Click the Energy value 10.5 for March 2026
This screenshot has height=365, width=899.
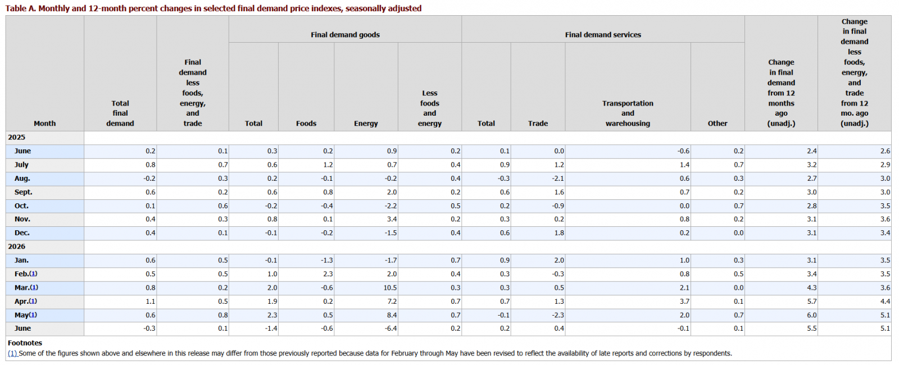pos(390,288)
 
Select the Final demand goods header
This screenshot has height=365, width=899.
pos(345,35)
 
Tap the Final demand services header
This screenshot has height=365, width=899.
pos(603,35)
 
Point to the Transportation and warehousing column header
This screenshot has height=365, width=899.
pos(628,113)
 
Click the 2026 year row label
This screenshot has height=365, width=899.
pos(16,247)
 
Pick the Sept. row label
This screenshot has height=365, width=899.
pos(23,192)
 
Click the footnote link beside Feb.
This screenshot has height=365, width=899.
pos(33,274)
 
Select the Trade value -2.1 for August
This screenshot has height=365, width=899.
pos(557,179)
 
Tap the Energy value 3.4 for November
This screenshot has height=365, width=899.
pos(392,220)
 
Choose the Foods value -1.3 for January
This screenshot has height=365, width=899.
pos(326,261)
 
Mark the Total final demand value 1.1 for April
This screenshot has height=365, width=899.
pos(150,301)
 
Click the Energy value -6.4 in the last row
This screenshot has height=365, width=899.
pos(391,328)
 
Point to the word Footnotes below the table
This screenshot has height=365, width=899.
pos(25,343)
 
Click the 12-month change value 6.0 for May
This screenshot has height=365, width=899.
pos(811,315)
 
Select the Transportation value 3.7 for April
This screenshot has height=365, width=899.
pos(684,301)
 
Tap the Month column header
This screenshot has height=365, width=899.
pos(44,124)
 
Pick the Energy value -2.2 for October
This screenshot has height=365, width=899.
pos(391,206)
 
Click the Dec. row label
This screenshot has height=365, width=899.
pos(22,233)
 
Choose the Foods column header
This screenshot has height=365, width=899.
pos(306,124)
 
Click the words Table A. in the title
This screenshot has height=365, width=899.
pos(20,8)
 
